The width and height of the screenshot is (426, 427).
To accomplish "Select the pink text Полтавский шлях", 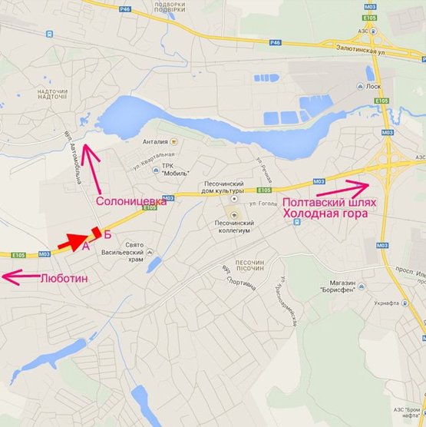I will (330, 203).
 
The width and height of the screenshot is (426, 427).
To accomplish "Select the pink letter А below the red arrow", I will (86, 247).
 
